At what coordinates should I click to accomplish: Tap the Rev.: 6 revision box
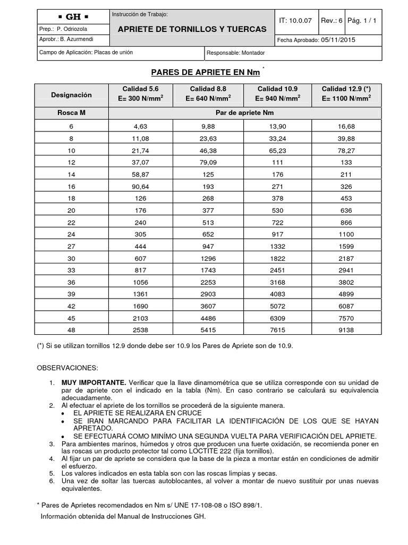pos(332,20)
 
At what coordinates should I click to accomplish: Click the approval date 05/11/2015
pos(339,40)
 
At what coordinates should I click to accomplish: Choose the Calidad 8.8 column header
pos(210,94)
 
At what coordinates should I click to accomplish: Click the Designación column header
pos(72,95)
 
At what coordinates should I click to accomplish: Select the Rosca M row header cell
pos(72,113)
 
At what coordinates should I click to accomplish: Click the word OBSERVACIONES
pos(67,368)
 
